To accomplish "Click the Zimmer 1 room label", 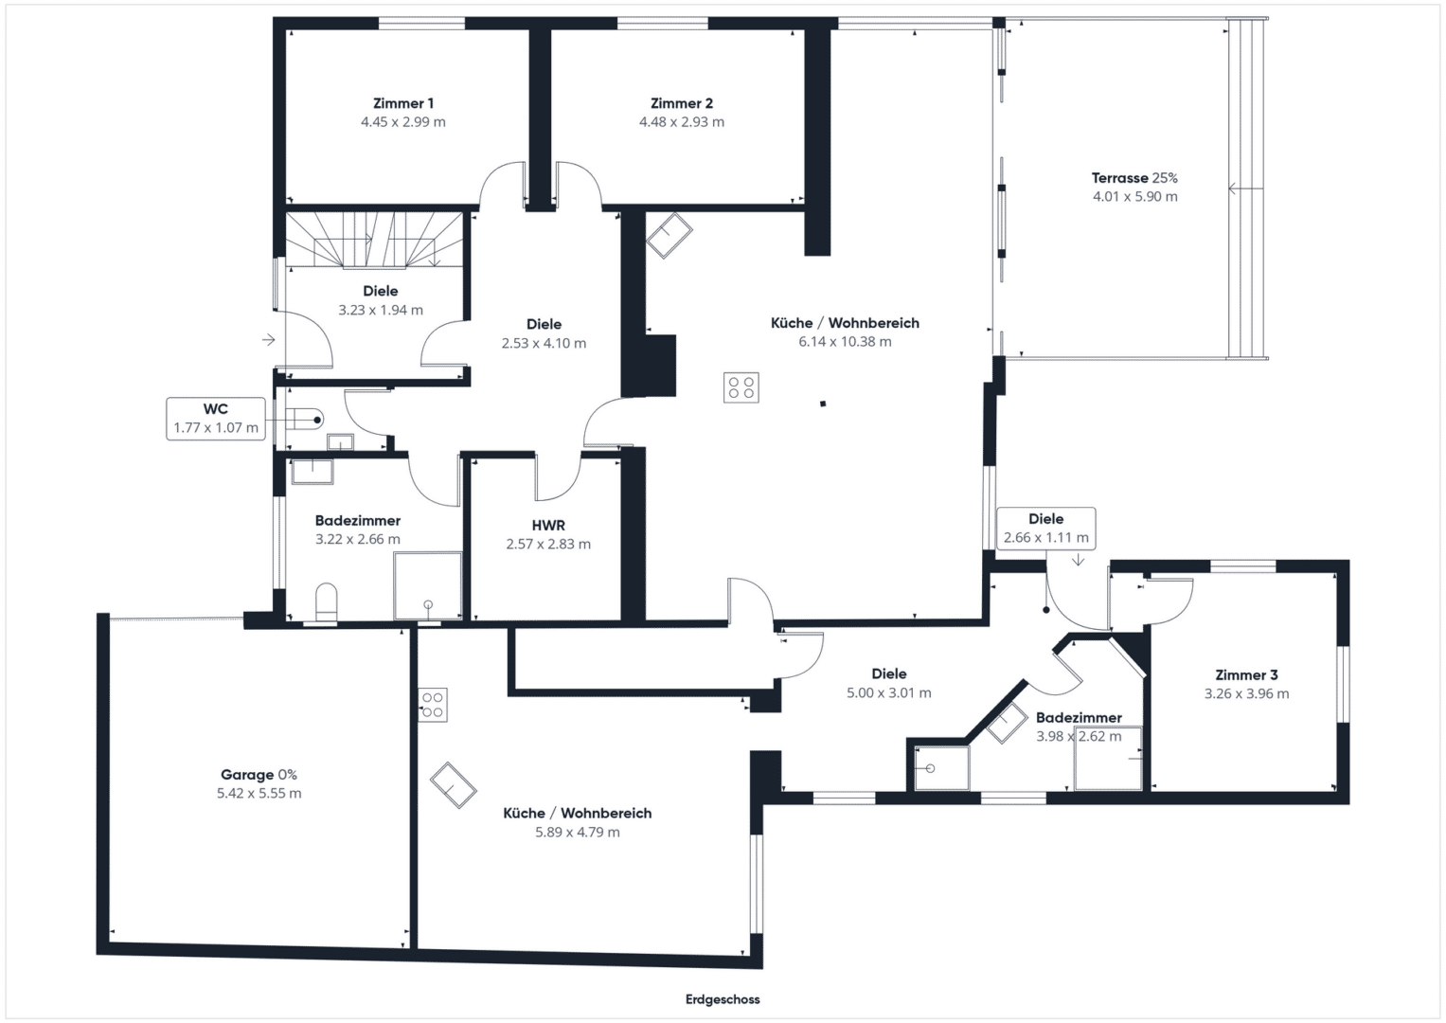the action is pyautogui.click(x=402, y=103).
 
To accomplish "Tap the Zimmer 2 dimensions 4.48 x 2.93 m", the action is pyautogui.click(x=682, y=122).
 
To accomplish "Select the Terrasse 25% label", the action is pyautogui.click(x=1134, y=178).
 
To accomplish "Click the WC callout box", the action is pyautogui.click(x=216, y=419).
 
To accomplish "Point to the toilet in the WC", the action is pyautogui.click(x=304, y=420).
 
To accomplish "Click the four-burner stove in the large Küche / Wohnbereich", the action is pyautogui.click(x=741, y=387).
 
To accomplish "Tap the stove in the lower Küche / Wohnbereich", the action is pyautogui.click(x=433, y=705).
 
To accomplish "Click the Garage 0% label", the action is pyautogui.click(x=259, y=775).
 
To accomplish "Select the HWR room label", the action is pyautogui.click(x=548, y=526).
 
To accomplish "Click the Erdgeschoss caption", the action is pyautogui.click(x=723, y=999).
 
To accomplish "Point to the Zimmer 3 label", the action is pyautogui.click(x=1246, y=674).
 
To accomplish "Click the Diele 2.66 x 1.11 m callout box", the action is pyautogui.click(x=1045, y=529).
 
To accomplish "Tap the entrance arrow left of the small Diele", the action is pyautogui.click(x=269, y=340).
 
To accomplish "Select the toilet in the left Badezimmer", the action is pyautogui.click(x=327, y=601).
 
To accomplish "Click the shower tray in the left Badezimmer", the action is pyautogui.click(x=427, y=585).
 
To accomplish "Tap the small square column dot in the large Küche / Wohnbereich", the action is pyautogui.click(x=823, y=404).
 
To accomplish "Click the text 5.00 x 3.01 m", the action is pyautogui.click(x=889, y=693).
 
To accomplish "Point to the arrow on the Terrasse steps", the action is pyautogui.click(x=1245, y=189).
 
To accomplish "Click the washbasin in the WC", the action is pyautogui.click(x=340, y=442).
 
